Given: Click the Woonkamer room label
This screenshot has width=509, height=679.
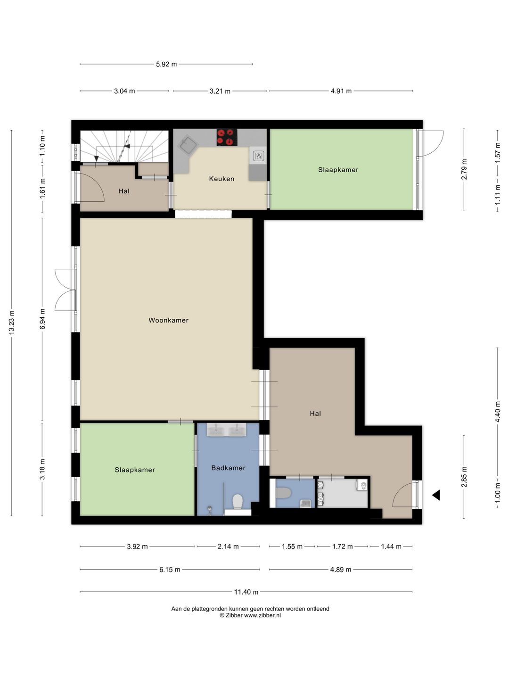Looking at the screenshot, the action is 168,320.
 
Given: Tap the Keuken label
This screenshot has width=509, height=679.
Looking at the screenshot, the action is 222,179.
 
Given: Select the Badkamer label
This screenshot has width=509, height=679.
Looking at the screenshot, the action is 229,468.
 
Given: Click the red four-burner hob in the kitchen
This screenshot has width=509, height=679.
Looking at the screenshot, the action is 227,137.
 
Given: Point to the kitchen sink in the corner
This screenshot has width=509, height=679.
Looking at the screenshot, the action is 188,144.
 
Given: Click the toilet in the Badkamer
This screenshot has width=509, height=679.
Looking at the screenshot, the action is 238,502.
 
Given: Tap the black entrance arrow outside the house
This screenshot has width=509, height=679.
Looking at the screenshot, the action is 436,495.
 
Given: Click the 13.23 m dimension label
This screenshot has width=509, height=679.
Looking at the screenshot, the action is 11,322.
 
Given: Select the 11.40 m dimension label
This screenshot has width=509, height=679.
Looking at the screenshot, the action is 246,592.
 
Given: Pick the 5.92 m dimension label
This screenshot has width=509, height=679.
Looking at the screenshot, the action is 166,64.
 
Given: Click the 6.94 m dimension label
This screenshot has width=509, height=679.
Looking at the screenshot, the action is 42,319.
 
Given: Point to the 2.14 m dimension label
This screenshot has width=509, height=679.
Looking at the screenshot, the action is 228,547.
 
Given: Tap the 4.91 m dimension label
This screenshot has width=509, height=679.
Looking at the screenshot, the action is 341,91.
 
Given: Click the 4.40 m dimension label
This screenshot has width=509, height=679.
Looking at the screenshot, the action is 497,412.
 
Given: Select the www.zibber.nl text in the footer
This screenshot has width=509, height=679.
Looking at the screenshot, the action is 263,615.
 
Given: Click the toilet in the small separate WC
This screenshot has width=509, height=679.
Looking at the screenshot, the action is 283,493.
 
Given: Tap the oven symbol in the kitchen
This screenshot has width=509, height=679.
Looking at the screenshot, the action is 258,156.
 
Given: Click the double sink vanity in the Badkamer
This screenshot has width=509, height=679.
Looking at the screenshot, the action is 227,430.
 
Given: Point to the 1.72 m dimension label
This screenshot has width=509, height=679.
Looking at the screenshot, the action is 342,547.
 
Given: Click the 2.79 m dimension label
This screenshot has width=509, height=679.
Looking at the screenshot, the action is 464,169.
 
